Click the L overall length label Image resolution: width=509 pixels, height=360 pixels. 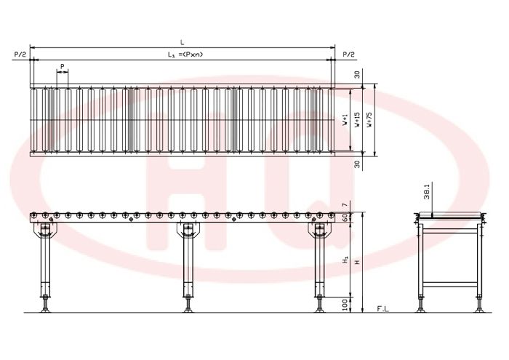click(x=182, y=42)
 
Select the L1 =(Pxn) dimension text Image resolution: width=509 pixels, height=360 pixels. click(x=185, y=55)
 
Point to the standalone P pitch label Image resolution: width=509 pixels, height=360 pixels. click(x=63, y=66)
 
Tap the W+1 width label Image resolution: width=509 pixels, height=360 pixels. click(x=345, y=120)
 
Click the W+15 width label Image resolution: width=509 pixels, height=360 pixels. click(x=357, y=119)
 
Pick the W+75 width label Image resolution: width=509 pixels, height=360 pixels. click(x=369, y=119)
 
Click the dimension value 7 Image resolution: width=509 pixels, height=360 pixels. click(x=345, y=204)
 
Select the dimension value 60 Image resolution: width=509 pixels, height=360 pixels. click(x=345, y=217)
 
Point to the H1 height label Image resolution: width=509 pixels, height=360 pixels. click(x=345, y=260)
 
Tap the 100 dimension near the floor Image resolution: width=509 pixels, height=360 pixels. click(x=345, y=305)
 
